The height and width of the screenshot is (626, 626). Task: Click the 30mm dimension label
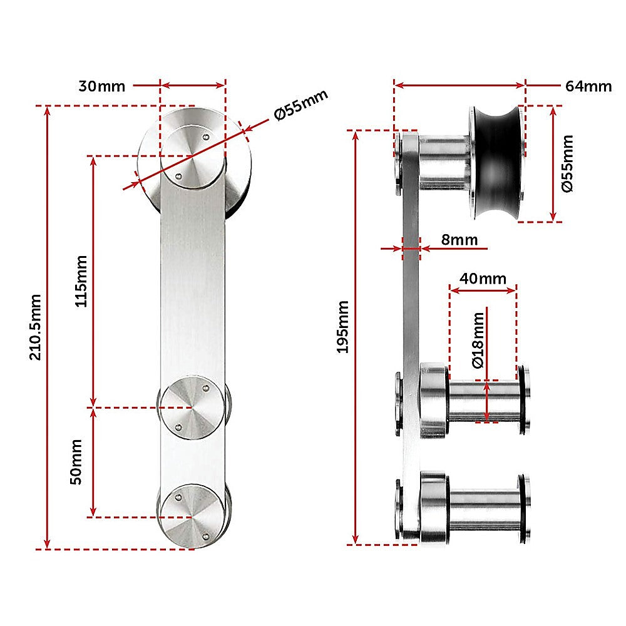point(101,86)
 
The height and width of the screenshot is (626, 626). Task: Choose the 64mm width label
point(588,86)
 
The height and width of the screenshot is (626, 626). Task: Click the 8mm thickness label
point(459,240)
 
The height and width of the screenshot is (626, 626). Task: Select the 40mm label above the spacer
point(483,278)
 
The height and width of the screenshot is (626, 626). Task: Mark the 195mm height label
point(343,327)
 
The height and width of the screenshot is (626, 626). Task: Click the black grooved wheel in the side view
point(496,164)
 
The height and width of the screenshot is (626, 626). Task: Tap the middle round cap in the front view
point(192,408)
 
